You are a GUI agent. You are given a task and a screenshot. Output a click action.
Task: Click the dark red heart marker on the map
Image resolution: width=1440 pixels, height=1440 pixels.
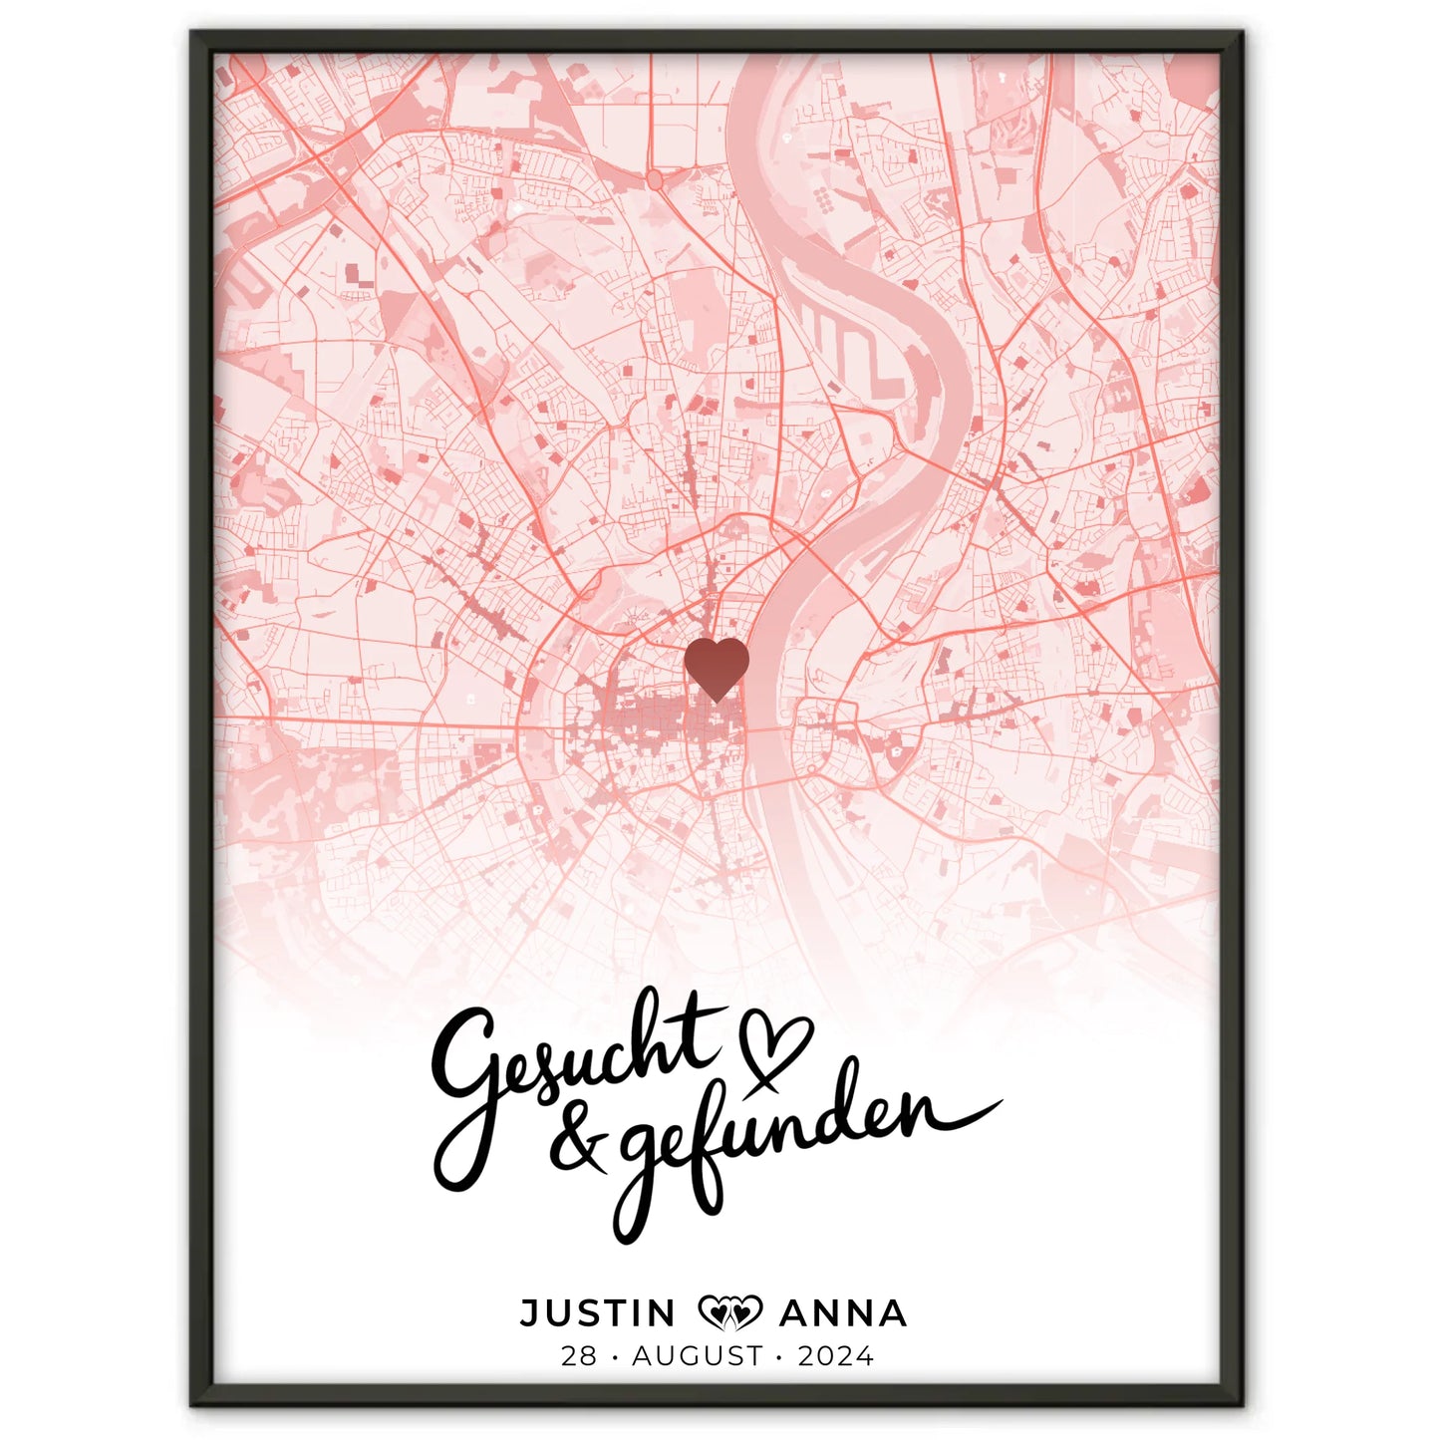point(717,667)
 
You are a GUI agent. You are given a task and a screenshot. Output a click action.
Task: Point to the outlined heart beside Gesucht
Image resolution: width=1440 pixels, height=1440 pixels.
point(775,1046)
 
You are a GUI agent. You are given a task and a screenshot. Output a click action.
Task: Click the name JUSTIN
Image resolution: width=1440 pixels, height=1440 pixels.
point(598,1313)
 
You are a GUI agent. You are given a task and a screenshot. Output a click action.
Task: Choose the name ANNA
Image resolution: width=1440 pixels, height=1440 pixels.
point(842,1313)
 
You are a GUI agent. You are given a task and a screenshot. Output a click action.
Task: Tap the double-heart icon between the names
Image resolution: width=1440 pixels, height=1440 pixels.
point(729,1312)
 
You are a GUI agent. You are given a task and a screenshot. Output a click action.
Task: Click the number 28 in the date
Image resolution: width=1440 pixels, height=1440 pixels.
point(578,1356)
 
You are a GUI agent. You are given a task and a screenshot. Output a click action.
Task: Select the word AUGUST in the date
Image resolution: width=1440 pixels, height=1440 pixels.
point(698,1356)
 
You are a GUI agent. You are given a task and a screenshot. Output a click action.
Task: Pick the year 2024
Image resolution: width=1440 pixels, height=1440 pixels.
point(835,1356)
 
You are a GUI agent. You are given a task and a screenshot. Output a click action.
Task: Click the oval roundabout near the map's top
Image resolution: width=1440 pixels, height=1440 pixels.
point(655,179)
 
